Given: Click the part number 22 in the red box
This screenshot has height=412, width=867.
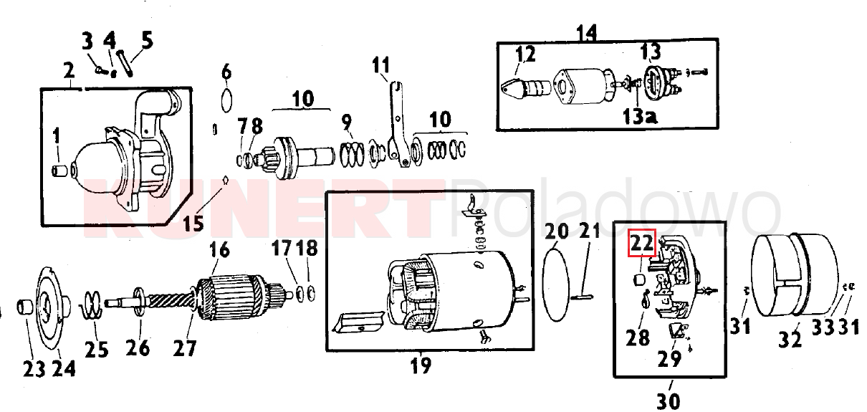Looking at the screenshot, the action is click(642, 243).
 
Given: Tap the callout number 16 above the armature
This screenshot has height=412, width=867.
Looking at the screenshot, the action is click(219, 250).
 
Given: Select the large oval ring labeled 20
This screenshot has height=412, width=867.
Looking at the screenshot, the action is click(556, 284).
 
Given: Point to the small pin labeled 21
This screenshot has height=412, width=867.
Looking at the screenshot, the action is click(582, 297).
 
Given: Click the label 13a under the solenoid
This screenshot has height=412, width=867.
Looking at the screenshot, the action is click(639, 116).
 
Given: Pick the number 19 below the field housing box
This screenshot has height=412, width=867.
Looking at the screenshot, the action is click(421, 365).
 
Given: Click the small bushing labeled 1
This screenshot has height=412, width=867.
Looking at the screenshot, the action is click(60, 171).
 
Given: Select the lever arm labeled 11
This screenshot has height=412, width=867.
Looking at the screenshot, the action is click(398, 125).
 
